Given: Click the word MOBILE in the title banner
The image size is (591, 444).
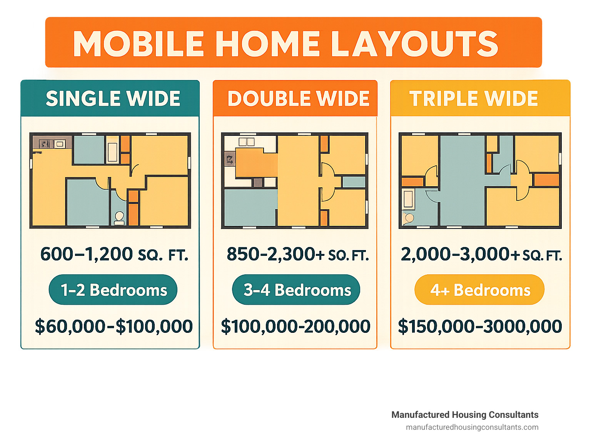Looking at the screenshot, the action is pos(139,43).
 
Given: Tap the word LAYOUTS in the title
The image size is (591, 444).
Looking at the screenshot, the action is pos(414,43).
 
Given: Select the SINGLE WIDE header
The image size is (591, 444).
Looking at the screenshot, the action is pos(113,98).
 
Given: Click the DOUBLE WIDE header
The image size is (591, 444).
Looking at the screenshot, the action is pos(298,98).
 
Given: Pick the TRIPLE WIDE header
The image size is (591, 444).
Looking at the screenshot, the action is pos(473,98).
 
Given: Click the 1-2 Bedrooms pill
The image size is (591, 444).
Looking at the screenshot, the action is pos(113,290).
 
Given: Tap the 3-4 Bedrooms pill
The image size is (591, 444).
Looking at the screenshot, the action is pos(296,290).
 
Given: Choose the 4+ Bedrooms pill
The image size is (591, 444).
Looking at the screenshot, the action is pos(479,290).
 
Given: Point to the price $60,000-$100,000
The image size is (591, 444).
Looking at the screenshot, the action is pos(114,326).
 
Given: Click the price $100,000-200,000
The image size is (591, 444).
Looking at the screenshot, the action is pos(295,326).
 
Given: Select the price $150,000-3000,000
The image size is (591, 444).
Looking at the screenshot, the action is pos(480,326).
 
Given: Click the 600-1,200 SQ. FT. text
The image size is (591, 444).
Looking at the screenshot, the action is pos(114,254).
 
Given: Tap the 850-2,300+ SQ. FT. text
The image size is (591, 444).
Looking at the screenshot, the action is pos(298,254).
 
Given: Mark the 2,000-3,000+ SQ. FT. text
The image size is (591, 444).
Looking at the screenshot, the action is pos(481,254).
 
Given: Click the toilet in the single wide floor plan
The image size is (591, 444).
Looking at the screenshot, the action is pos(119,218).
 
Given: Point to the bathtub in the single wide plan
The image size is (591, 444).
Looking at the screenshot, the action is pos(113,152).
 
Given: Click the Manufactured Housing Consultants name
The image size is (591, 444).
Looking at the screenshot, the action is pos(465,415).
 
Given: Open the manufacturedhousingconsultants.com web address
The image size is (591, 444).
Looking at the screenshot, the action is pos(472,427).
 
